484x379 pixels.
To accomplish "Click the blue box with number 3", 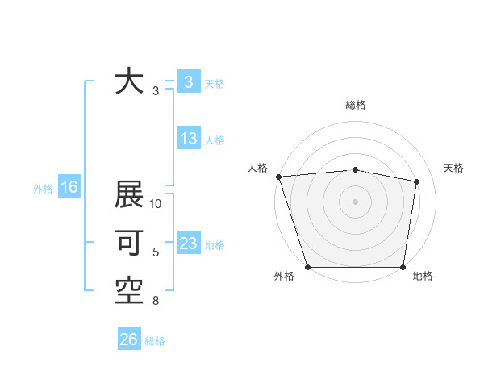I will click(188, 82).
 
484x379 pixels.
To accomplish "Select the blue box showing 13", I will click(188, 139).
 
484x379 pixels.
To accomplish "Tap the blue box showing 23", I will click(188, 244).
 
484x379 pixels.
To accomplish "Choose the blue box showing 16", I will click(69, 188).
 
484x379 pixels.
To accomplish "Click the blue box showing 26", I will click(128, 339).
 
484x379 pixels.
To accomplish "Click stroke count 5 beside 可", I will click(156, 252).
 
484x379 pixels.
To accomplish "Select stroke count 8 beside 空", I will click(156, 302).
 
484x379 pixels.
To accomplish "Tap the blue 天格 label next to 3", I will click(215, 84).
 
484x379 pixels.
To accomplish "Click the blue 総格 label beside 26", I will click(155, 341).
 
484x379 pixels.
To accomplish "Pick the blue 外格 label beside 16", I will click(43, 189).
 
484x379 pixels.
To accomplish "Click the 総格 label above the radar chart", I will click(355, 106).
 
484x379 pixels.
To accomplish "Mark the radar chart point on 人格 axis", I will click(278, 177).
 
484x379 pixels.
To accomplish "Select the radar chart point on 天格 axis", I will click(417, 181).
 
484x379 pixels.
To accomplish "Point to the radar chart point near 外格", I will click(308, 267).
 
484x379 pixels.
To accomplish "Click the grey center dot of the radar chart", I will click(355, 202).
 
